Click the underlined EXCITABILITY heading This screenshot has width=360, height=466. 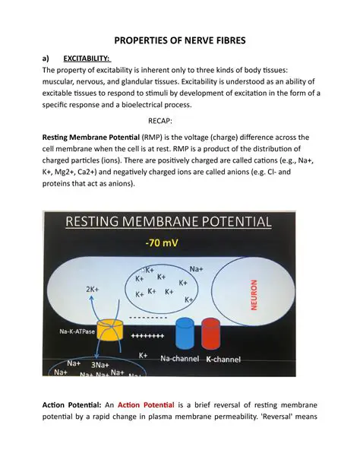point(87,57)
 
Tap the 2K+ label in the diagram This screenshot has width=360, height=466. point(93,290)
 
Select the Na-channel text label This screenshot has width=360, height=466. point(180,357)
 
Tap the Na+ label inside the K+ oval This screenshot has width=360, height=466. point(196,268)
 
